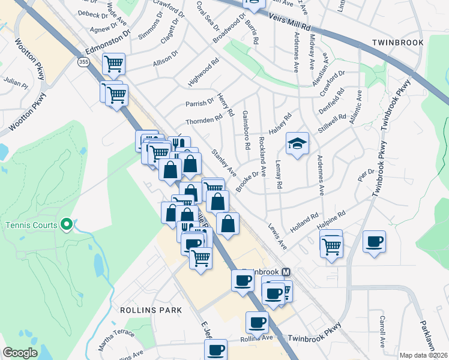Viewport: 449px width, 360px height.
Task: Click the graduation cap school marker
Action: pyautogui.click(x=297, y=144)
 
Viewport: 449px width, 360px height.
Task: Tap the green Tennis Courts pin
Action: pyautogui.click(x=67, y=225)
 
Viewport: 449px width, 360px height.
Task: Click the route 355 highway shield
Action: pyautogui.click(x=82, y=62)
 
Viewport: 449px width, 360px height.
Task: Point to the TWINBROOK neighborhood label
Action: pyautogui.click(x=397, y=43)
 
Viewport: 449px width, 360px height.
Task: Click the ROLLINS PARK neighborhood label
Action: pyautogui.click(x=146, y=310)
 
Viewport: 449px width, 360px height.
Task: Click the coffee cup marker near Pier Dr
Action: pyautogui.click(x=375, y=242)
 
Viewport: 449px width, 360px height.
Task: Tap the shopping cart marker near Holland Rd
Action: pyautogui.click(x=331, y=244)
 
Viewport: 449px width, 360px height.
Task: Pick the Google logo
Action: pyautogui.click(x=20, y=353)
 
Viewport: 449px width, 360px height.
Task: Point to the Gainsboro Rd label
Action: pyautogui.click(x=246, y=130)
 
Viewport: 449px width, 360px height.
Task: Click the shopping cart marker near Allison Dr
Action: pyautogui.click(x=113, y=64)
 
